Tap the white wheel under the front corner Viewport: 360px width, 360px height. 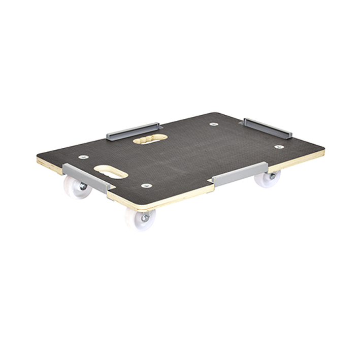[141, 217]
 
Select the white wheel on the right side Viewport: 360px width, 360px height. [268, 178]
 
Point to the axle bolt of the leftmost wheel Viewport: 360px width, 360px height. [82, 187]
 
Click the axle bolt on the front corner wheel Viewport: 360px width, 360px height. [145, 218]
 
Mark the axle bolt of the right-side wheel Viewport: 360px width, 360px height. [272, 176]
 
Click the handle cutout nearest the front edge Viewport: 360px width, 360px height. [111, 172]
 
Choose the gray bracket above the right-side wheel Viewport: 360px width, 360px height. [240, 174]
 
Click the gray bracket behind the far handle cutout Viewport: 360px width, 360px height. [133, 130]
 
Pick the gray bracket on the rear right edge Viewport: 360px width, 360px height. [267, 127]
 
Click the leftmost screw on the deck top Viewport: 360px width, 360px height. [83, 157]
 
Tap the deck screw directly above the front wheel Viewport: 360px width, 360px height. [147, 186]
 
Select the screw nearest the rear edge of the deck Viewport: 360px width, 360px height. [214, 123]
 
